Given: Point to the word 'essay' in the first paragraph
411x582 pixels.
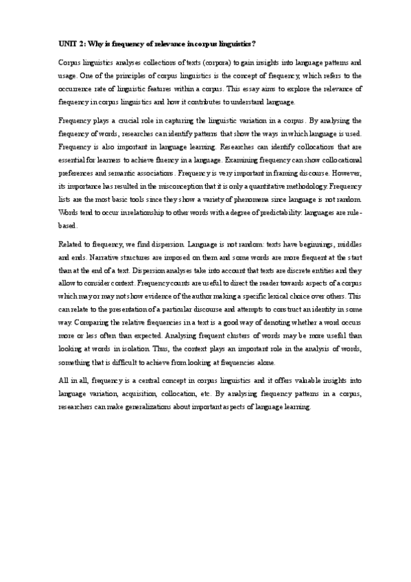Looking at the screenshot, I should click(261, 89).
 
